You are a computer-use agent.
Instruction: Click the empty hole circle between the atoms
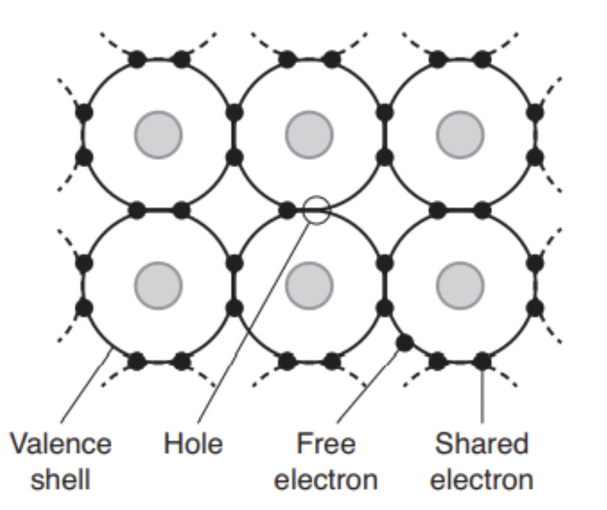317,209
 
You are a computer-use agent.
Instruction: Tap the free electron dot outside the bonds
404,342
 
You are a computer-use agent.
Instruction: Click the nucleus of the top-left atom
159,135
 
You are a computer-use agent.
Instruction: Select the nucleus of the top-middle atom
310,135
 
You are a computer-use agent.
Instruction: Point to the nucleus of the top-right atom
460,135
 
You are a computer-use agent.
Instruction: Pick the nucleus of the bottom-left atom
159,285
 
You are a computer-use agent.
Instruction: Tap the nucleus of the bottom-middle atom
310,285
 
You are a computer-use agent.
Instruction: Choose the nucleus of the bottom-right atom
460,285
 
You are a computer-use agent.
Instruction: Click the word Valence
61,445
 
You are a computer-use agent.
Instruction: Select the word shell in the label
61,479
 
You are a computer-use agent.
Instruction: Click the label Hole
193,445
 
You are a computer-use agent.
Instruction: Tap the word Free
326,445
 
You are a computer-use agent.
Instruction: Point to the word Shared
481,445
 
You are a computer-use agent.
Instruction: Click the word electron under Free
326,479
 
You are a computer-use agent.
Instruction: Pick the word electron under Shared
482,479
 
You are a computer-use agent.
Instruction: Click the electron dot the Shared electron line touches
482,361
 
